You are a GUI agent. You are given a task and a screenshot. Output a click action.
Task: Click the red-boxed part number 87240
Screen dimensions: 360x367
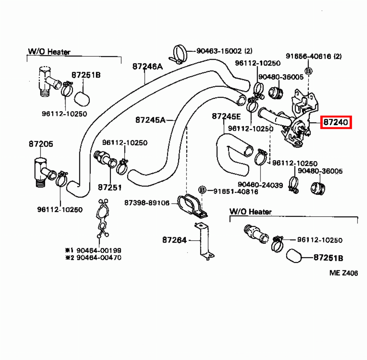(336, 122)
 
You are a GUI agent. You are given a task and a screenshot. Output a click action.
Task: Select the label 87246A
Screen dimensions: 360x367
(147, 66)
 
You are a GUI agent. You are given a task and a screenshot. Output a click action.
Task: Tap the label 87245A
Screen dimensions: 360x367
(150, 120)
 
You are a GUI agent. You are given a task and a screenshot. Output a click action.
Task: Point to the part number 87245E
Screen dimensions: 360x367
(226, 116)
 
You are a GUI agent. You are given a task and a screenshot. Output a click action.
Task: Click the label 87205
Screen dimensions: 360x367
(41, 144)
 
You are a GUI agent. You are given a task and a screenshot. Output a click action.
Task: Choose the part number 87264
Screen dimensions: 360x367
(174, 240)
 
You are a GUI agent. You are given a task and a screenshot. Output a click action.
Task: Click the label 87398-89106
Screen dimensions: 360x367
(147, 203)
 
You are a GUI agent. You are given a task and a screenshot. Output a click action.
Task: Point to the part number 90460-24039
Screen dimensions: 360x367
(260, 185)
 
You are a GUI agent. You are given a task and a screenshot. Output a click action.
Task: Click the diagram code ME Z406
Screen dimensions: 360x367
(343, 273)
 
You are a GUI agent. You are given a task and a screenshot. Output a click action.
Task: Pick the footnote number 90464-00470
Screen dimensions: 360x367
(98, 258)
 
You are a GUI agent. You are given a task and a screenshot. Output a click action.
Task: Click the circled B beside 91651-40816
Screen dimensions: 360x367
(202, 190)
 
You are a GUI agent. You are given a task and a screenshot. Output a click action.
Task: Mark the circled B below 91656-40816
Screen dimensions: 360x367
(309, 71)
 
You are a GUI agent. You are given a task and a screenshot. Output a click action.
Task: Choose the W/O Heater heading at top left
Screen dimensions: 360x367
(49, 52)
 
